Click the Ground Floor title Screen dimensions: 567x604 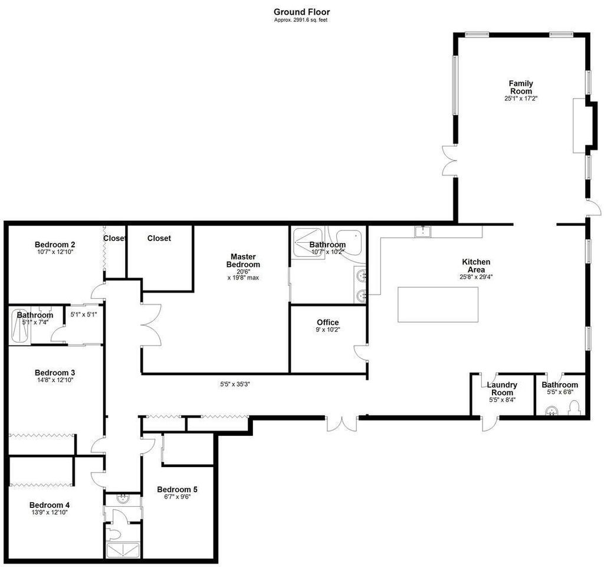(x=301, y=11)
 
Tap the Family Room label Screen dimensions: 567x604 (x=521, y=87)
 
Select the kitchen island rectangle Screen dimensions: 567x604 (x=437, y=304)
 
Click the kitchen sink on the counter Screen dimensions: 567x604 (x=423, y=231)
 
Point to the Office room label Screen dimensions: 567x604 (x=327, y=322)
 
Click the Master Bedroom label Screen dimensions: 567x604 (x=243, y=260)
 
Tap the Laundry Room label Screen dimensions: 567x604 (x=502, y=389)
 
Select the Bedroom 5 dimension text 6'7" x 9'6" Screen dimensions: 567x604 (x=177, y=497)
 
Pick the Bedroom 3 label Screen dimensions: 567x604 (x=54, y=373)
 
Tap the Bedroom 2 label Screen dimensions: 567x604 (x=54, y=245)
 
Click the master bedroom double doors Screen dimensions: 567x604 (x=150, y=326)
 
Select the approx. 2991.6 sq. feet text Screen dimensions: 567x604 (x=301, y=20)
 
